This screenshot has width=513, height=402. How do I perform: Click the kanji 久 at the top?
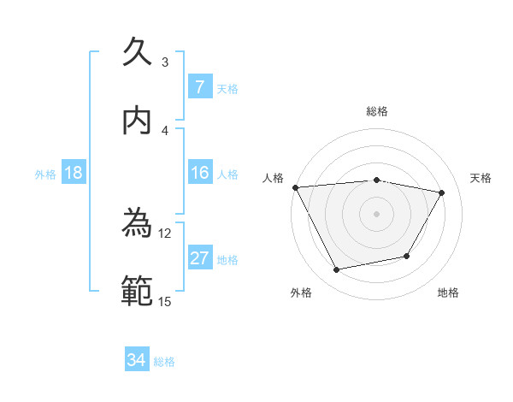[138, 52]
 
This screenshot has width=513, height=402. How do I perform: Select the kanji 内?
[138, 121]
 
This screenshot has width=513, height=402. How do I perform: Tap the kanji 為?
[138, 224]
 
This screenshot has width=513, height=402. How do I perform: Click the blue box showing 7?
[199, 86]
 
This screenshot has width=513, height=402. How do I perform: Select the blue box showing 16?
[199, 173]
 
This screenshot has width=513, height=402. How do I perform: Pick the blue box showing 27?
[199, 258]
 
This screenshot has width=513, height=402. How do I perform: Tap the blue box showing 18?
[74, 173]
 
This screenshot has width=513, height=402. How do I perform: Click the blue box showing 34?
[137, 360]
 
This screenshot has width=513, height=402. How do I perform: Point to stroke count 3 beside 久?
[165, 62]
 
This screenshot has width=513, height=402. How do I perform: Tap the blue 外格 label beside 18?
[45, 174]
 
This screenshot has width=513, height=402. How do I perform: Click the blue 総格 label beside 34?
[164, 361]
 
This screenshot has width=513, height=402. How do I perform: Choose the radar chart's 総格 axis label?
[377, 111]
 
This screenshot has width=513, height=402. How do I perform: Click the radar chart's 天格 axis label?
[481, 178]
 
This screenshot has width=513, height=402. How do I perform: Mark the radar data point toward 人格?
[295, 186]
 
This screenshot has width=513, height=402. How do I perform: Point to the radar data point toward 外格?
[337, 270]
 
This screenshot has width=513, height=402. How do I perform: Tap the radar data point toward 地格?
[407, 256]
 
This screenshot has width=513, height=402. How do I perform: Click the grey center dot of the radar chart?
[376, 213]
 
